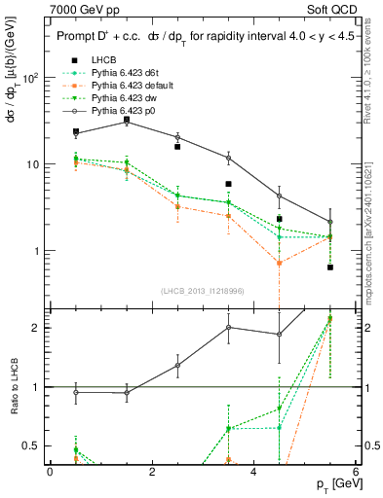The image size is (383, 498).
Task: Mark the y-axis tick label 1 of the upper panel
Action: [x=38, y=251]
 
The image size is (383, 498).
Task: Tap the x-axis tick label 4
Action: [x=253, y=472]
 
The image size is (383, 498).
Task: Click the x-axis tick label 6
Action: [x=356, y=472]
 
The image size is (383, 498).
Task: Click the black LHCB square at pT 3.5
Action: [x=228, y=184]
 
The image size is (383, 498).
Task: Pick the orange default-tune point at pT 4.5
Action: [x=280, y=263]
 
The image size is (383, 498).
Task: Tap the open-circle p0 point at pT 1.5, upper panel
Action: [x=127, y=122]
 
